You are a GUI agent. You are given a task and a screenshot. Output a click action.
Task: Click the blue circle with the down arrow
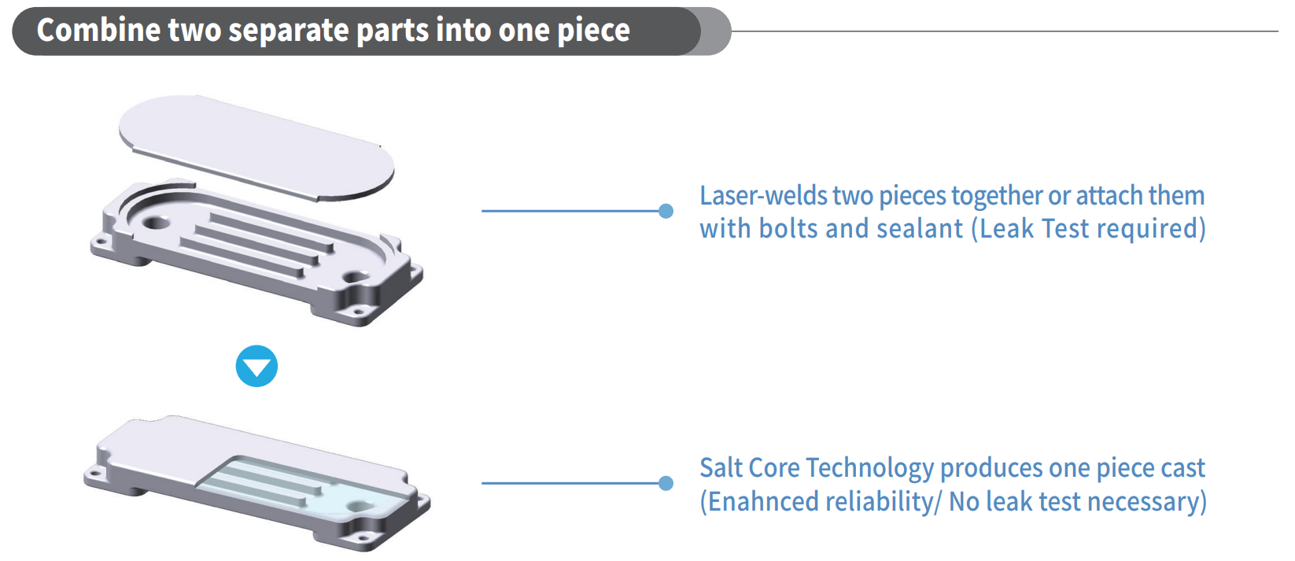[x=256, y=366]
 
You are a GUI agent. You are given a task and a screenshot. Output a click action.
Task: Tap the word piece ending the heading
[x=594, y=31]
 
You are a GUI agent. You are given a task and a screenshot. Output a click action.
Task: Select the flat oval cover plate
[x=256, y=148]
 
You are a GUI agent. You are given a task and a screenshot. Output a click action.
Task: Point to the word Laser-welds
[x=763, y=196]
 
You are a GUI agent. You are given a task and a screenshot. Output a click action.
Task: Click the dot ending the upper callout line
[x=666, y=211]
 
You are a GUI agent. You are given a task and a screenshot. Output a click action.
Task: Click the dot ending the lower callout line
[x=666, y=483]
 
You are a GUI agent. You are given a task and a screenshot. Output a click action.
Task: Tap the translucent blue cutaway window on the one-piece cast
[x=301, y=486]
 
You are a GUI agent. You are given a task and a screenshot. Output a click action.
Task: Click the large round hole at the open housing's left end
[x=155, y=223]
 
